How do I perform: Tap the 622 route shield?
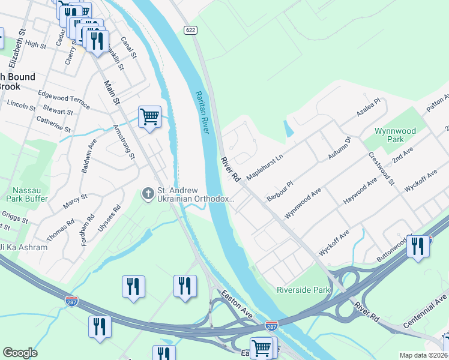click(x=191, y=30)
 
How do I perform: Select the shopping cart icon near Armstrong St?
click(x=149, y=116)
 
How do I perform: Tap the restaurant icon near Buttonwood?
click(x=418, y=246)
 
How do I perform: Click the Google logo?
click(x=20, y=353)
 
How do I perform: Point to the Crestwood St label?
click(x=381, y=169)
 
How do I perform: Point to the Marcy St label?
click(x=75, y=202)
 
